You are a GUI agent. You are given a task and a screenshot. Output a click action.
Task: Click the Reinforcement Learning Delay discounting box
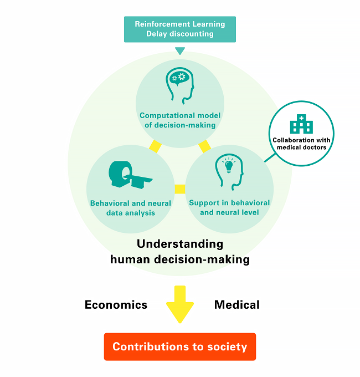point(180,29)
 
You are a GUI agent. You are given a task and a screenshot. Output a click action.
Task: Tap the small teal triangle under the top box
point(180,51)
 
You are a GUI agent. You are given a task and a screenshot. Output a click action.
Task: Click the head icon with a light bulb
point(229,173)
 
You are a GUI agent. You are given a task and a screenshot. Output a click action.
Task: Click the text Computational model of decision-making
point(180,120)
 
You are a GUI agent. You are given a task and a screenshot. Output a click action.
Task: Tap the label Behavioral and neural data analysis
point(131,208)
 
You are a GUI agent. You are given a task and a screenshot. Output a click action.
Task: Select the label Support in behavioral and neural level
point(229,207)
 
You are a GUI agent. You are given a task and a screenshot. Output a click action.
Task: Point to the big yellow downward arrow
point(180,304)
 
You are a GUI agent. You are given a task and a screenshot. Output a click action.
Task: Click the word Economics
point(116,304)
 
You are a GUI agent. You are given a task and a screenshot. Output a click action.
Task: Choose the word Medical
point(236,304)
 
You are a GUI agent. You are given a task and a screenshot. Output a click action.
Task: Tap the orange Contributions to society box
point(180,347)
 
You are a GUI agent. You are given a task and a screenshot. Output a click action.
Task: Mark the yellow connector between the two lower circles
point(179,189)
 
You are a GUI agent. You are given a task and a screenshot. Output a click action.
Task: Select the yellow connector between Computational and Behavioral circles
point(155,146)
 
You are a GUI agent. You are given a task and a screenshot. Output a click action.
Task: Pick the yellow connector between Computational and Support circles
point(204,146)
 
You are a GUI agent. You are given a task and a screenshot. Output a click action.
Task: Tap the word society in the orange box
point(227,347)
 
